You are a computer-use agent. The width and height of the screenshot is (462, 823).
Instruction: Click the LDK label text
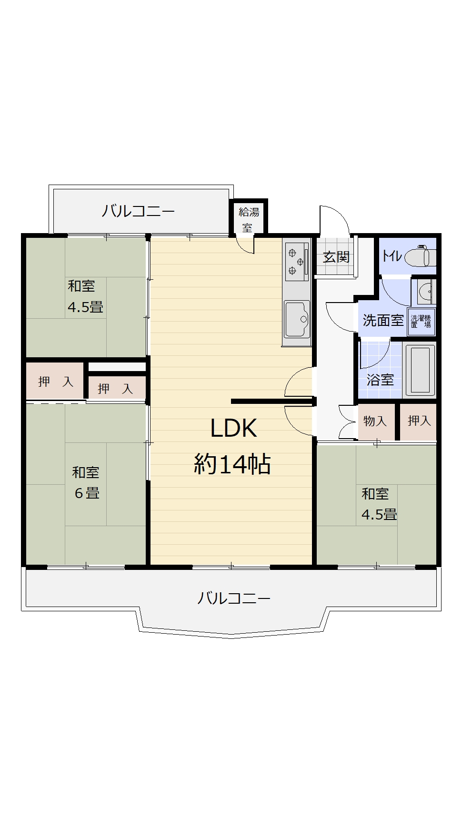pyautogui.click(x=233, y=428)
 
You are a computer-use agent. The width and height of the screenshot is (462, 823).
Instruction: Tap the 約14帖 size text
pyautogui.click(x=232, y=464)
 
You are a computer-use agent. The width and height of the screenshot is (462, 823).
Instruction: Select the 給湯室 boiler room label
pyautogui.click(x=249, y=219)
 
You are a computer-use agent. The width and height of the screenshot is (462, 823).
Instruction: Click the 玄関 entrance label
pyautogui.click(x=336, y=257)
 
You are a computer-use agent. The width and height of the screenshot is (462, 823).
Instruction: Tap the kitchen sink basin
pyautogui.click(x=297, y=319)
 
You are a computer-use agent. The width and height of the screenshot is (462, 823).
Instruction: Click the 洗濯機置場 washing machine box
pyautogui.click(x=421, y=322)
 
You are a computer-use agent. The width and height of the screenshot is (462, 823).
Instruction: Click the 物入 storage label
pyautogui.click(x=375, y=421)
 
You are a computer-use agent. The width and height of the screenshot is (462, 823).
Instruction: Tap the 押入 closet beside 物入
pyautogui.click(x=419, y=421)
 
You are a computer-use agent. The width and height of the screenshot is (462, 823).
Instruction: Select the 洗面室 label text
pyautogui.click(x=383, y=320)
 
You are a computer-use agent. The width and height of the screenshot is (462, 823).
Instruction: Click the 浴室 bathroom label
pyautogui.click(x=380, y=380)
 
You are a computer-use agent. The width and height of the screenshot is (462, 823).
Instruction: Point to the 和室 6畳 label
pyautogui.click(x=86, y=482)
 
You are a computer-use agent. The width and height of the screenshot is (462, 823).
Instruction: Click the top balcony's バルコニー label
pyautogui.click(x=138, y=211)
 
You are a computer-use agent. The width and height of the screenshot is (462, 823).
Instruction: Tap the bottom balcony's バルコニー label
pyautogui.click(x=234, y=598)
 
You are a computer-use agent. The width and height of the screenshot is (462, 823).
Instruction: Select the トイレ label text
pyautogui.click(x=392, y=256)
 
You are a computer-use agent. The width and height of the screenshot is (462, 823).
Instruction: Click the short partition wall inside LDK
pyautogui.click(x=271, y=401)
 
